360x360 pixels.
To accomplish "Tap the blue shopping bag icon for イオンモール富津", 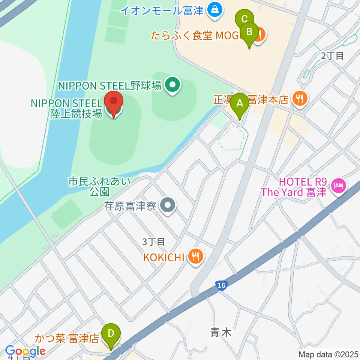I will [x=215, y=10].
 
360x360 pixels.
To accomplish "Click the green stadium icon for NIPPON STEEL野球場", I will [x=172, y=85].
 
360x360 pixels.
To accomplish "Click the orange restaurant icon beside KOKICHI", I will [x=196, y=257].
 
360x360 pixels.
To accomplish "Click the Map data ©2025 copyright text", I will [x=329, y=354].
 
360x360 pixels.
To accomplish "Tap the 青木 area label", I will [x=221, y=332].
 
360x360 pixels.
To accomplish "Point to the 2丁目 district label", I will [x=332, y=56].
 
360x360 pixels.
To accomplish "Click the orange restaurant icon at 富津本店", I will [x=300, y=99].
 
